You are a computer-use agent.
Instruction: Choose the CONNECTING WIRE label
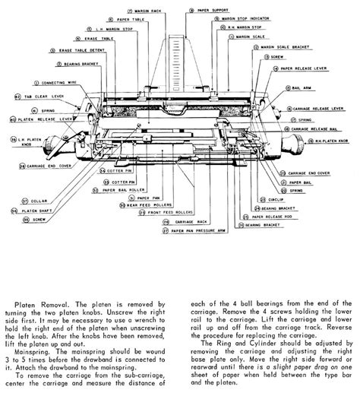click(x=61, y=82)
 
